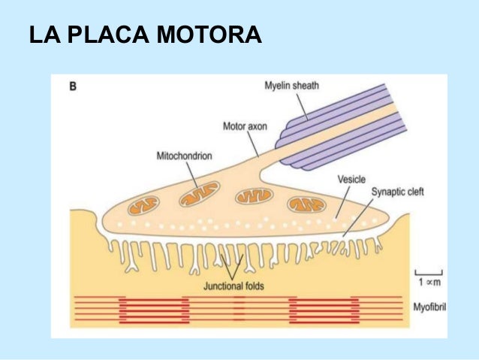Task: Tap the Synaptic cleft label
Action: tap(398, 192)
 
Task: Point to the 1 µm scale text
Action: tap(430, 281)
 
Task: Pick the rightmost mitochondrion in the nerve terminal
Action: tap(306, 204)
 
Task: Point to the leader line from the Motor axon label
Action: tap(256, 142)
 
